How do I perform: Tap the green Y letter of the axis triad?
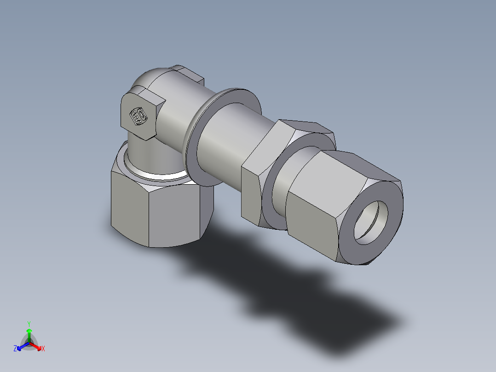[x=29, y=323]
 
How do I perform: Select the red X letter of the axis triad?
[x=43, y=349]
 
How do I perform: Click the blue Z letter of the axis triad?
[x=15, y=349]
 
